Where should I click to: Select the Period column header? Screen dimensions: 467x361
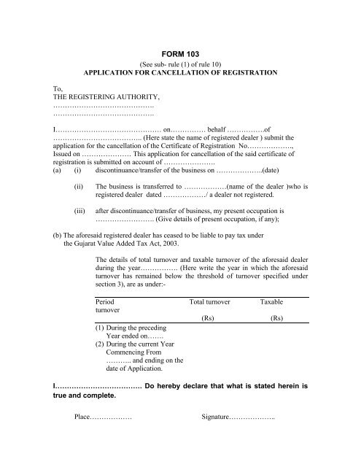click(x=105, y=300)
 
